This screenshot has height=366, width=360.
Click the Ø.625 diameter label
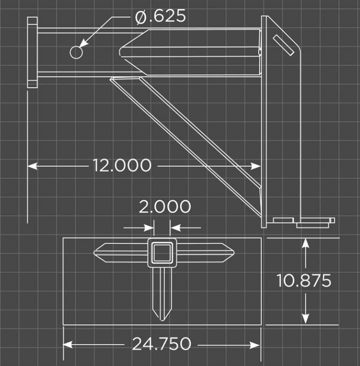coord(160,16)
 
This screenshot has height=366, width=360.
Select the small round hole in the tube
coord(76,52)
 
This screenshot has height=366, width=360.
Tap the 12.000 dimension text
coord(122,166)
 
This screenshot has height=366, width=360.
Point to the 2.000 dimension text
coord(165,207)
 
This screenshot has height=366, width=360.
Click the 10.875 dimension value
coord(304,280)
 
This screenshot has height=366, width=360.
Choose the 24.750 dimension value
coord(161,344)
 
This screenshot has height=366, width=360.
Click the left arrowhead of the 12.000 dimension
coord(32,166)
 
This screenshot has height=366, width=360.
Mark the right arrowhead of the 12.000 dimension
coord(256,166)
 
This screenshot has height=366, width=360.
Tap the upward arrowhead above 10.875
coord(306,243)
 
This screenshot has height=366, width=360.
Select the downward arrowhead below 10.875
coord(306,319)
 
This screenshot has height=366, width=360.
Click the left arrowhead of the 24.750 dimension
coord(67,345)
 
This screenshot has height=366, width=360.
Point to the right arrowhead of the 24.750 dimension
coord(255,345)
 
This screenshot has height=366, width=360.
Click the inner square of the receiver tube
coord(162,253)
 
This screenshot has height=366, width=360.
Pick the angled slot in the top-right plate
coord(284,45)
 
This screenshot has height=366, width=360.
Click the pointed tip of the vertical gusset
coord(162,320)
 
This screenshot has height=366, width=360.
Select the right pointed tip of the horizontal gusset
coord(234,253)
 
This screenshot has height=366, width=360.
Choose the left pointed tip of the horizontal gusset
coord(95,253)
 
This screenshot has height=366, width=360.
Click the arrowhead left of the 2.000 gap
coord(149,227)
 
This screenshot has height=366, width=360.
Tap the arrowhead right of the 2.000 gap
coord(176,227)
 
